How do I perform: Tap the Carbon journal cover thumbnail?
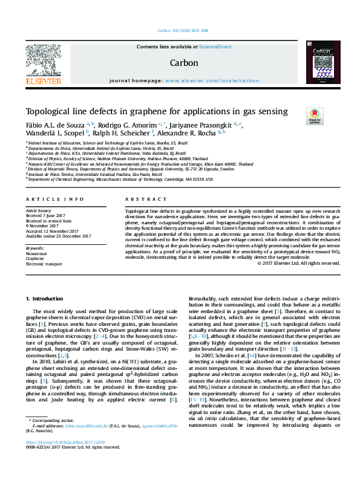tap(318, 63)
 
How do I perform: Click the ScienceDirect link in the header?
tap(215, 47)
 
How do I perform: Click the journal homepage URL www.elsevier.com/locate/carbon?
tap(212, 80)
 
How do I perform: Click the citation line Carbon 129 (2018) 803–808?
tap(180, 30)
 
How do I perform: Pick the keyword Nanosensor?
tap(36, 254)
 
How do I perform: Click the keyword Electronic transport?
tap(44, 264)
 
